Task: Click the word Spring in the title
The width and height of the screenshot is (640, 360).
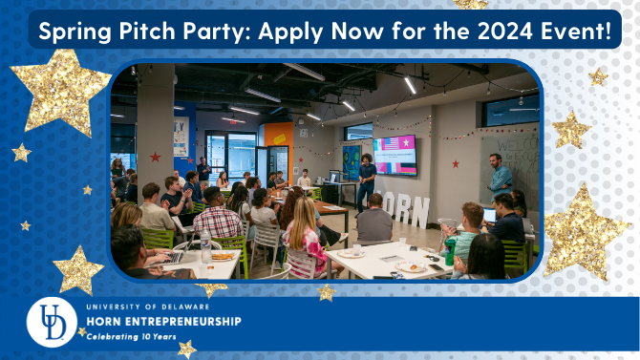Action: click(75, 31)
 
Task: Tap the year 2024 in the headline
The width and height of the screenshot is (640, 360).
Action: click(505, 31)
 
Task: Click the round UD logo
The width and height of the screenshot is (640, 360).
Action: click(52, 322)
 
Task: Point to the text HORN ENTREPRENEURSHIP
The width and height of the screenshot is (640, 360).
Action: click(163, 322)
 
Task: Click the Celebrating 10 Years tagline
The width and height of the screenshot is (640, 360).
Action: click(131, 337)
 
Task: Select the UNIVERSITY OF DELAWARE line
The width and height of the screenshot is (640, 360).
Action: click(148, 307)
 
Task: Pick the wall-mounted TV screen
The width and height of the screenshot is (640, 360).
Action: click(395, 156)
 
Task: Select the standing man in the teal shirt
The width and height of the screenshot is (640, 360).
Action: click(500, 177)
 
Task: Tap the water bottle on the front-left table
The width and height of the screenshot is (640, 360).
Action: click(205, 246)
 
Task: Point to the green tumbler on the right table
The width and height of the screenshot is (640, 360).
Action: click(450, 251)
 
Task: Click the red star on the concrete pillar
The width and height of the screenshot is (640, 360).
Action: click(155, 157)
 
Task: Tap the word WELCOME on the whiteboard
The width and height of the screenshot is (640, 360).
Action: click(519, 144)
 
